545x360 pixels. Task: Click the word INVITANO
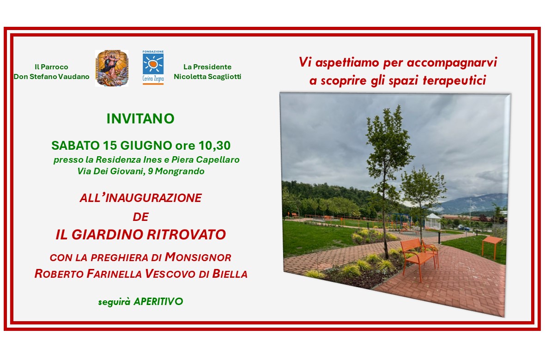tap(140, 119)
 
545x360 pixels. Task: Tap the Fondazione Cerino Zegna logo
tap(153, 67)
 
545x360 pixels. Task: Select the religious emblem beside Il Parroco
tap(112, 68)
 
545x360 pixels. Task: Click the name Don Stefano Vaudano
tap(51, 77)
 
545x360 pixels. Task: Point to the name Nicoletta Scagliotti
tap(207, 77)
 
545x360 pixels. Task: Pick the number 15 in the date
tap(109, 146)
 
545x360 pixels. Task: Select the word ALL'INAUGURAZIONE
tap(141, 198)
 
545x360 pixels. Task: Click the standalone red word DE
tap(141, 217)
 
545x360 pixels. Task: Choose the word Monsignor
tap(198, 257)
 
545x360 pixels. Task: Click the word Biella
tap(230, 274)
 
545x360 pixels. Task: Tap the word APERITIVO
tap(158, 301)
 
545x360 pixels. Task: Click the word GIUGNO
tap(146, 146)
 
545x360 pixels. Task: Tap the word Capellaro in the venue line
tap(218, 159)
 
